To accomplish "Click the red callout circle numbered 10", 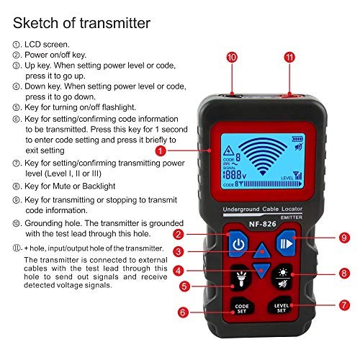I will (x=231, y=57).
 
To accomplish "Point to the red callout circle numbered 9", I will (x=325, y=236).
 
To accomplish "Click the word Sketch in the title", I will (x=40, y=22).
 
